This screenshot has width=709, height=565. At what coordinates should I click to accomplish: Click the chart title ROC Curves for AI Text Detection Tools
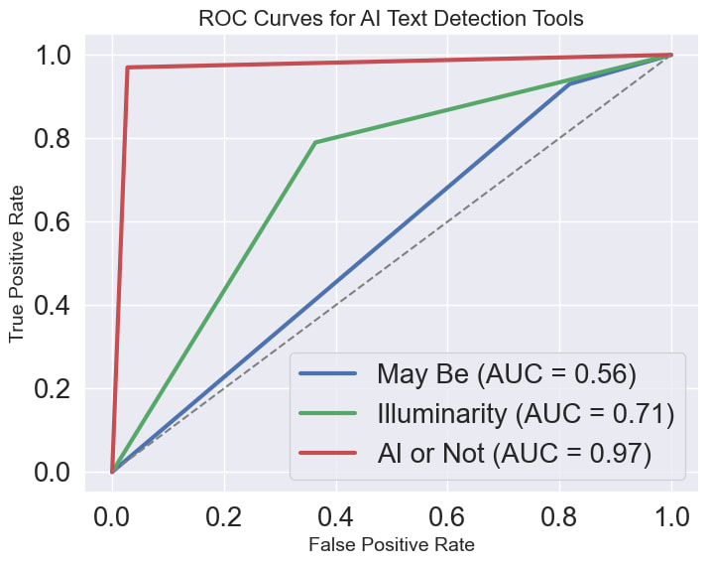coord(391,18)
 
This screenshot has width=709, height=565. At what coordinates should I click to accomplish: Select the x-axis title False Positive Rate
coord(391,544)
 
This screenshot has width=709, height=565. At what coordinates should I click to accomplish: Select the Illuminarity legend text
coord(526,413)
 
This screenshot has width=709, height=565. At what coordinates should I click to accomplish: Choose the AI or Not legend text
coord(514,453)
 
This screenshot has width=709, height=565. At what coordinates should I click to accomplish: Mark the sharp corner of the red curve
coord(128,68)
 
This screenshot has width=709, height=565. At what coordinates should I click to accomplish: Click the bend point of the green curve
coord(315,142)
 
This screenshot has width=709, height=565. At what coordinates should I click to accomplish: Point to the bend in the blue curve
coord(570,84)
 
